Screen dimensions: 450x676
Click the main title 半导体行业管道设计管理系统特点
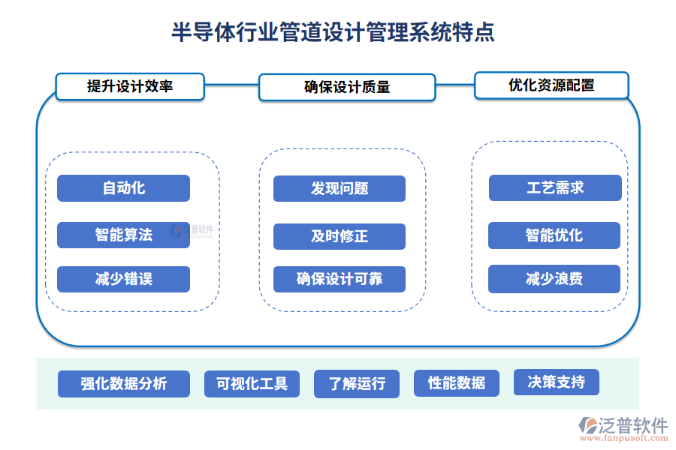coord(333,33)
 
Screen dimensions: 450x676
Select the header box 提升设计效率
coord(130,86)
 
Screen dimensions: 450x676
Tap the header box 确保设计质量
coord(347,87)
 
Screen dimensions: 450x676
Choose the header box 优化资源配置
coord(551,85)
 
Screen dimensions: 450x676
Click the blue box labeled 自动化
coord(124,188)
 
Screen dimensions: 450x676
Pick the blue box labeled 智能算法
coord(124,235)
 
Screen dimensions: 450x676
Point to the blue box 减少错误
coord(124,279)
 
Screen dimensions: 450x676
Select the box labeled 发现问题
coord(340,188)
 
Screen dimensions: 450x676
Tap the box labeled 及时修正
coord(340,236)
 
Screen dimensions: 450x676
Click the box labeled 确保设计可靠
coord(340,279)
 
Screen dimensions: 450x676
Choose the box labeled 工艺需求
coord(555,187)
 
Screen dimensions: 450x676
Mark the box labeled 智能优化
coord(554,235)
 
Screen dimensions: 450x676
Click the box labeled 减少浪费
coord(554,279)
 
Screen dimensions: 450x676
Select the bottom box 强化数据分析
coord(124,384)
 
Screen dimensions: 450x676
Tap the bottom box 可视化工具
coord(252,384)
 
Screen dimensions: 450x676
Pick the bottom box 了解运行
coord(358,384)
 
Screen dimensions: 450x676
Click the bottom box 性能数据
coord(457,383)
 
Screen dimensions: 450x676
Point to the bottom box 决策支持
coord(557,382)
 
